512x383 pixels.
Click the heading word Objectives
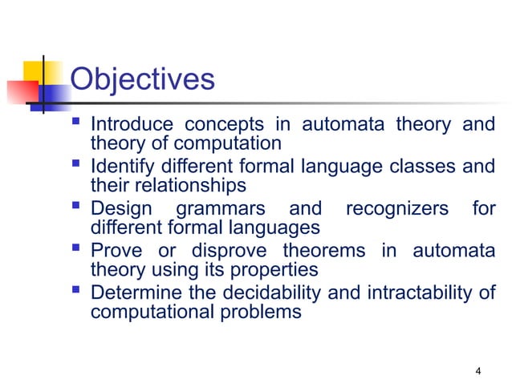pos(143,80)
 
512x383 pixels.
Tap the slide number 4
pos(478,370)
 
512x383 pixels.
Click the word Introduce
pos(132,125)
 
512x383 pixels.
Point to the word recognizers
pos(396,209)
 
